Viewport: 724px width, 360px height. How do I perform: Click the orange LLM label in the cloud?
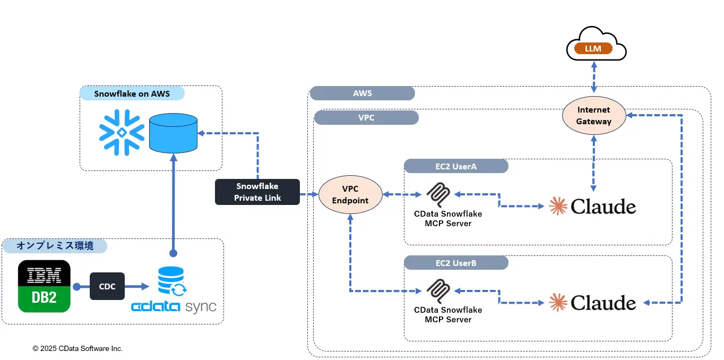click(x=593, y=49)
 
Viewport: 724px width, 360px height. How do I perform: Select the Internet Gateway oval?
click(x=594, y=115)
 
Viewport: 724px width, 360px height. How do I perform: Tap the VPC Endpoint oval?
click(x=350, y=194)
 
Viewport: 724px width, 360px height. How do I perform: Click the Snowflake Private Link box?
click(x=257, y=192)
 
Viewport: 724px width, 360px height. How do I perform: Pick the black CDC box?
click(x=107, y=286)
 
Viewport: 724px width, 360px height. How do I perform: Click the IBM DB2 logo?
click(x=44, y=286)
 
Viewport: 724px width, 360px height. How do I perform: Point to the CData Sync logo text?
click(x=174, y=307)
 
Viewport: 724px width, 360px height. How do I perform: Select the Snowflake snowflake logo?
click(x=122, y=132)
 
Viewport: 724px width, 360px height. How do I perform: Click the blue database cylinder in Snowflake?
click(x=173, y=132)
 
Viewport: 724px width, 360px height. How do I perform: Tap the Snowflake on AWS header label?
click(x=132, y=93)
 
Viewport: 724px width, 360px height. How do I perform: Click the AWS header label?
click(x=363, y=93)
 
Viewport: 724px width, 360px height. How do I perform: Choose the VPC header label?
click(x=366, y=117)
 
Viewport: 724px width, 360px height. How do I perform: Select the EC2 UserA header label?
click(x=456, y=166)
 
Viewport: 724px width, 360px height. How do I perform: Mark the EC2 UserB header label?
click(x=456, y=262)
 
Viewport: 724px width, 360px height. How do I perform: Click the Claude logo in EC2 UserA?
click(x=593, y=206)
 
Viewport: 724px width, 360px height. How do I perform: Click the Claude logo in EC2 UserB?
click(x=593, y=303)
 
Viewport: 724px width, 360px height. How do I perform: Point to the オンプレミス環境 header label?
click(x=55, y=246)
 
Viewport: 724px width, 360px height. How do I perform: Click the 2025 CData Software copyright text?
click(x=77, y=348)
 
